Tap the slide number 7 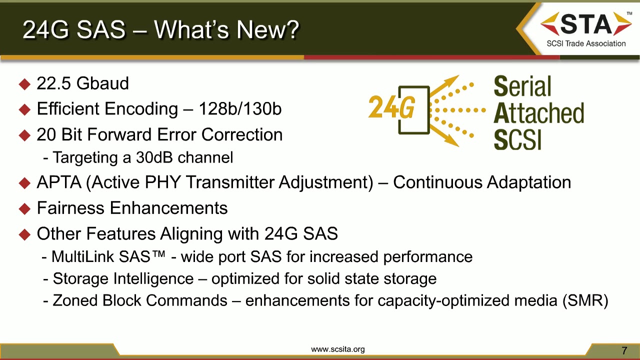(x=624, y=350)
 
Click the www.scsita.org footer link (x=338, y=349)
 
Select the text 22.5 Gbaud (x=82, y=83)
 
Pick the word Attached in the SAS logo (x=538, y=113)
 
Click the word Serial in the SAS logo (x=522, y=87)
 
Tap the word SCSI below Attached (x=517, y=139)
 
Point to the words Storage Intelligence (x=123, y=278)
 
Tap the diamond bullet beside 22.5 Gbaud (x=24, y=84)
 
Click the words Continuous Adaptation (x=482, y=182)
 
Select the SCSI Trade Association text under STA (x=586, y=43)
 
